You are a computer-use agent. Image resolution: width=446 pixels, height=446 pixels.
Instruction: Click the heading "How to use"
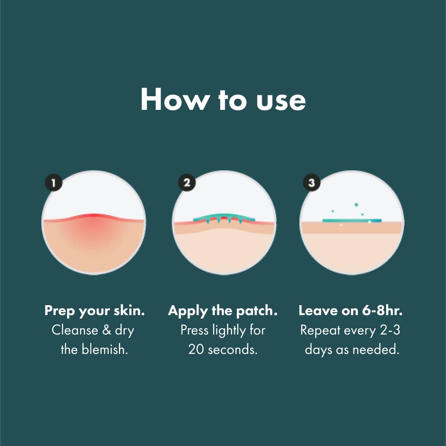click(x=223, y=100)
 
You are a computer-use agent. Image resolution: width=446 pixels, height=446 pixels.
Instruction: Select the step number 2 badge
click(x=187, y=183)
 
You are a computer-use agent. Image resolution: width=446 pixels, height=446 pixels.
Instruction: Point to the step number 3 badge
click(x=311, y=183)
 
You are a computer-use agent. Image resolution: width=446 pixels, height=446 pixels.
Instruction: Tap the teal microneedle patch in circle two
click(x=224, y=218)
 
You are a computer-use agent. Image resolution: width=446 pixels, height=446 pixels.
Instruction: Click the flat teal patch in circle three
click(x=351, y=221)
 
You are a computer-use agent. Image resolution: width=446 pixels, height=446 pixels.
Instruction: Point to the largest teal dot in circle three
click(x=356, y=204)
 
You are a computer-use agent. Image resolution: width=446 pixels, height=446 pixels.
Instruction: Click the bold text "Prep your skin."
click(x=95, y=311)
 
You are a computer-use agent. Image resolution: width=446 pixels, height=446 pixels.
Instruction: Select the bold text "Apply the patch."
click(x=223, y=311)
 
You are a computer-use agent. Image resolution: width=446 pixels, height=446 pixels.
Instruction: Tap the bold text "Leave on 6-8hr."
click(x=351, y=311)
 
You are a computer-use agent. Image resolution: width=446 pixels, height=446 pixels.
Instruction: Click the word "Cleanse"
click(x=75, y=330)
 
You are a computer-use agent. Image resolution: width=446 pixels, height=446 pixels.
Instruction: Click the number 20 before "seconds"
click(x=196, y=350)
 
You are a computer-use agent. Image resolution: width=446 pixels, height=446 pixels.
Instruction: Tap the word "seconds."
click(x=233, y=350)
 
